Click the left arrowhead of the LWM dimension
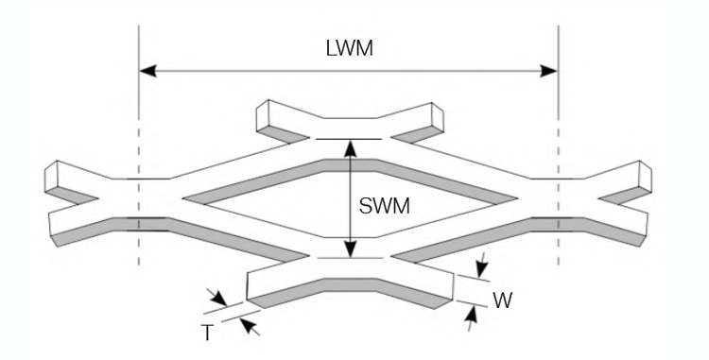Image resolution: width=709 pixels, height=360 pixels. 147,70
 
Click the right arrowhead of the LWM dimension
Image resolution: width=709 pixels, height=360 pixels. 550,70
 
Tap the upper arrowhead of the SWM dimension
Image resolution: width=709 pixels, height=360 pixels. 351,146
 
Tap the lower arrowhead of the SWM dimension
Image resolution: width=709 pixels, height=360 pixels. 351,251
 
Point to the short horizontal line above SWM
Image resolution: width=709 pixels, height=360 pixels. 350,139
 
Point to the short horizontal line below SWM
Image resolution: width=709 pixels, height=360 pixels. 350,257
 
